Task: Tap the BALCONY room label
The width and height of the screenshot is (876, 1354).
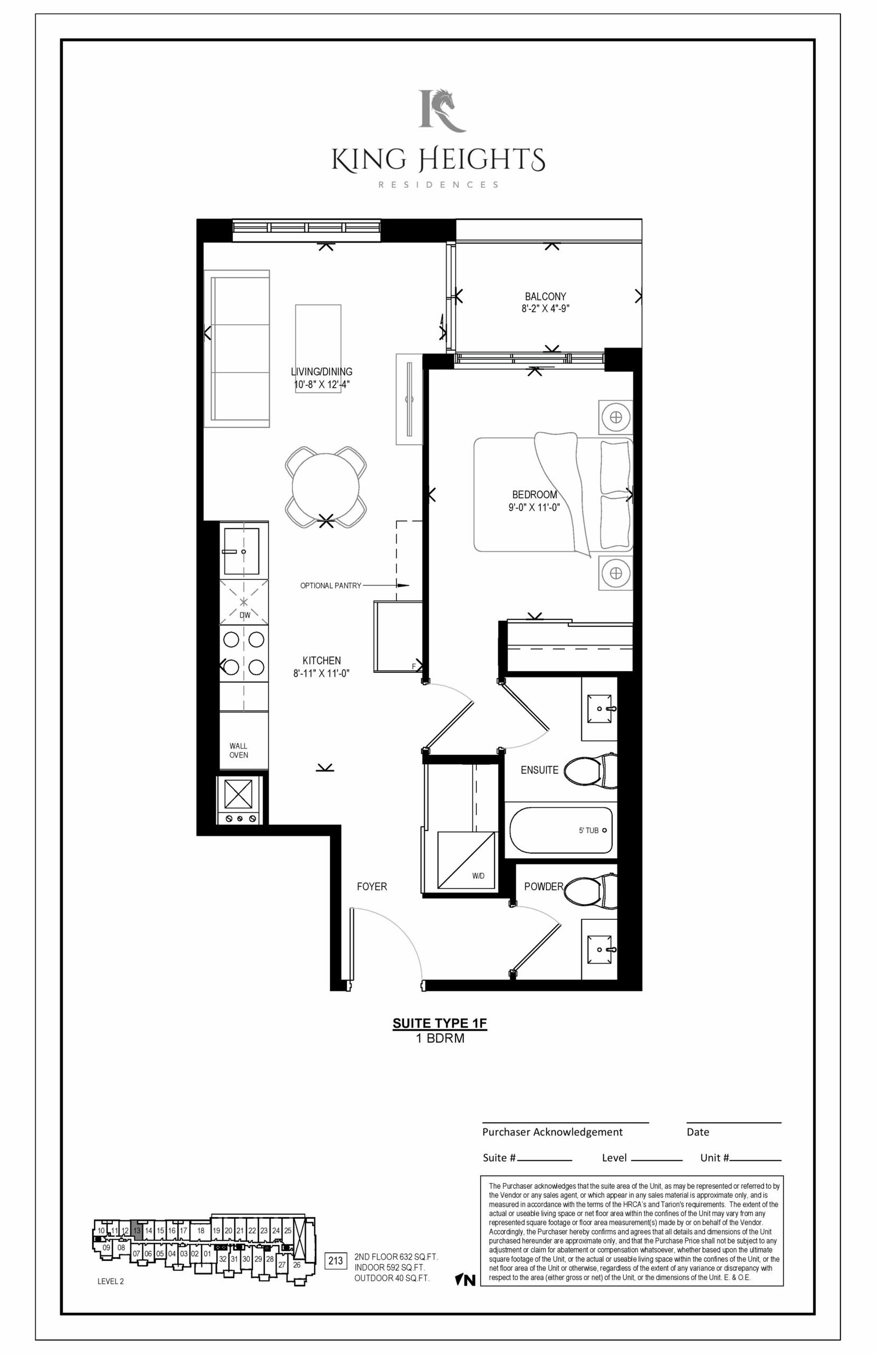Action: pos(545,296)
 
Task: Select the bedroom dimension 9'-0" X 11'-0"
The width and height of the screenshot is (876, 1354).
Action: pos(534,507)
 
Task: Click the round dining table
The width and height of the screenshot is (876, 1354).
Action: pos(326,487)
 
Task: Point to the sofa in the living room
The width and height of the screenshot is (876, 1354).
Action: pos(237,349)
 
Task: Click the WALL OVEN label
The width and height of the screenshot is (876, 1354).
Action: pos(238,750)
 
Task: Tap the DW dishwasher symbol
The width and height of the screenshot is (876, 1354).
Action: pos(244,602)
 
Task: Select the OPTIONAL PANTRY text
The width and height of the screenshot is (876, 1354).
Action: pos(331,585)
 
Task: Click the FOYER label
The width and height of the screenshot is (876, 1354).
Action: pos(372,886)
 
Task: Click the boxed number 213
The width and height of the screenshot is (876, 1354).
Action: pos(336,1261)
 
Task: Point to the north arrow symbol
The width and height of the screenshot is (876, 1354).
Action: pos(465,1280)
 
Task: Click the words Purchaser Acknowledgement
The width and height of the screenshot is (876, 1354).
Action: pos(552,1132)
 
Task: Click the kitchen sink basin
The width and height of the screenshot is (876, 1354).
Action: pos(241,551)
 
